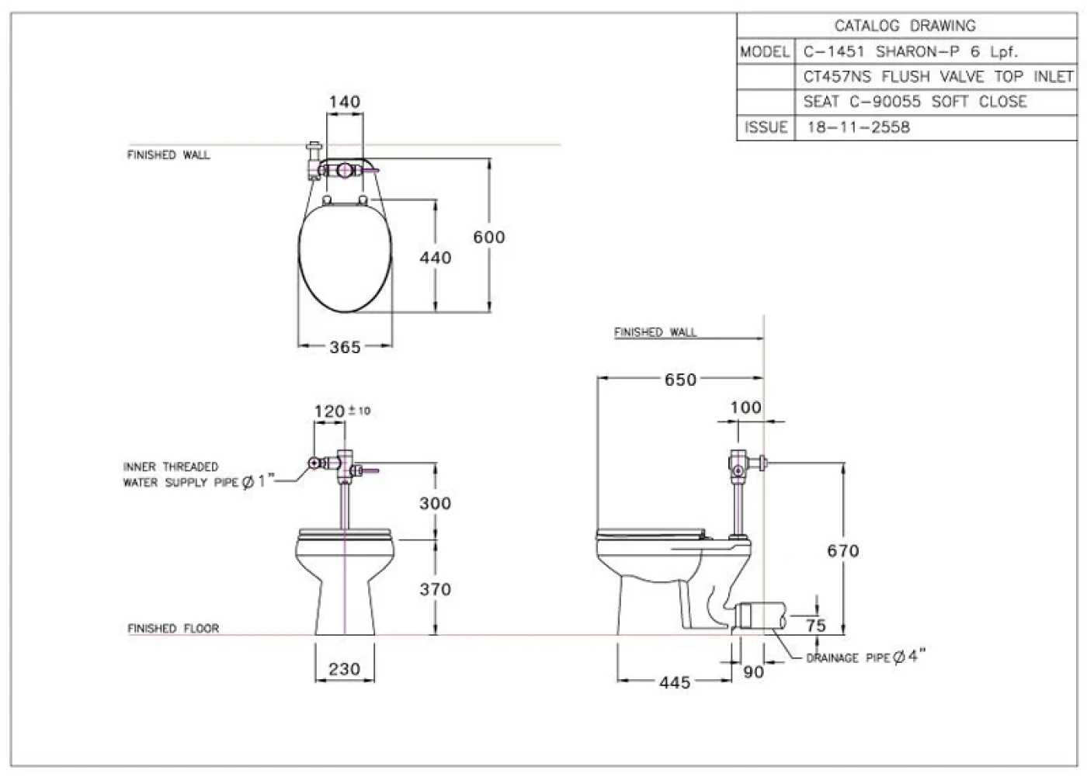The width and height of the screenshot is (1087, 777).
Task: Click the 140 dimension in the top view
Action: tap(344, 102)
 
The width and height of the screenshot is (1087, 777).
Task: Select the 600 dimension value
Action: tap(489, 238)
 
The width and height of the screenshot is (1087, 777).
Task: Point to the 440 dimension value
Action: tap(435, 258)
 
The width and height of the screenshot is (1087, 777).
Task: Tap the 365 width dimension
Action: tap(345, 348)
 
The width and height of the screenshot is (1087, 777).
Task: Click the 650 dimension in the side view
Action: tap(680, 380)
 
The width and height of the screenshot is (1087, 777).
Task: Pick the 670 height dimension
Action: tap(842, 551)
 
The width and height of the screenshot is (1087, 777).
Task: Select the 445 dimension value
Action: tap(674, 682)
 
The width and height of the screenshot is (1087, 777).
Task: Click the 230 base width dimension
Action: tap(344, 669)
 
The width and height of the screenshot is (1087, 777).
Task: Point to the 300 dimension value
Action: tap(435, 503)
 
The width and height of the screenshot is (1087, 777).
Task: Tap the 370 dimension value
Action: tap(435, 589)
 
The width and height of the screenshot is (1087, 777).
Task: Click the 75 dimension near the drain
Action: tap(815, 626)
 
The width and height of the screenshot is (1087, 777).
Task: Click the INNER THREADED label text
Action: tap(171, 467)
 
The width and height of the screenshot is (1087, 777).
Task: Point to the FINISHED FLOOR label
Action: tap(173, 628)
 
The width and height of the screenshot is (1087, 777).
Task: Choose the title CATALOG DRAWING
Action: tap(905, 26)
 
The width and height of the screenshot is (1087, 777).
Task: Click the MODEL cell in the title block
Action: tap(765, 52)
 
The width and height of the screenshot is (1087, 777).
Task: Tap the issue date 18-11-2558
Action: tap(858, 127)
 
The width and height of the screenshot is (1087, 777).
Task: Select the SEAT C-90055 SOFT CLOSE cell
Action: tap(915, 102)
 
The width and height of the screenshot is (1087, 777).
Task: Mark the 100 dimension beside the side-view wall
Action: tap(745, 408)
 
